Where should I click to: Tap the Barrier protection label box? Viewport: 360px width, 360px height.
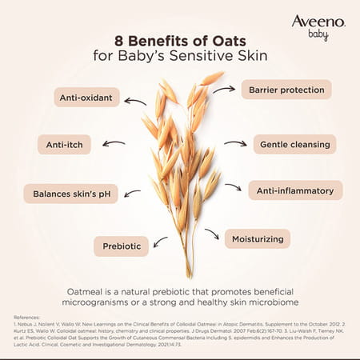tap(286, 89)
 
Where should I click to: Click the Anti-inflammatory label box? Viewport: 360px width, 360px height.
tap(294, 190)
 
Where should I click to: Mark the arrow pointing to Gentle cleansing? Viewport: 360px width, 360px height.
tap(234, 144)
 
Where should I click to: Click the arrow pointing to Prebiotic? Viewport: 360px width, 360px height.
tap(160, 242)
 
